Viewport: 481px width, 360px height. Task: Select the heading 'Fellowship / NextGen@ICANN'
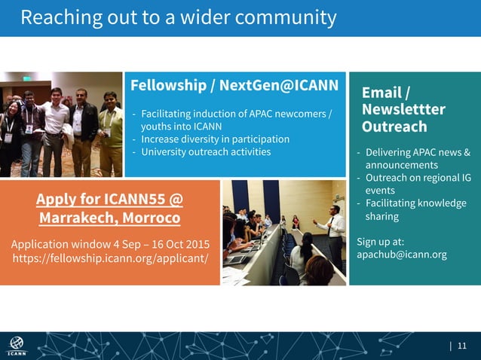[x=234, y=84]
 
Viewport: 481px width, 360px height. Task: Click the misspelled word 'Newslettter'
[x=403, y=110]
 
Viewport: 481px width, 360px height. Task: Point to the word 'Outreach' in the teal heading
[x=394, y=127]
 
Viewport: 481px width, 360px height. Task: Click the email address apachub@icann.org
[x=401, y=255]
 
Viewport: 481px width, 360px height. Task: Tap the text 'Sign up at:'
[x=381, y=242]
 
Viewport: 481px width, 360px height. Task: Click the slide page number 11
[x=462, y=346]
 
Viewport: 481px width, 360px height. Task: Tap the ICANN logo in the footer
[x=17, y=346]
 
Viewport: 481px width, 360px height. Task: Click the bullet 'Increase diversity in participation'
[x=214, y=139]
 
